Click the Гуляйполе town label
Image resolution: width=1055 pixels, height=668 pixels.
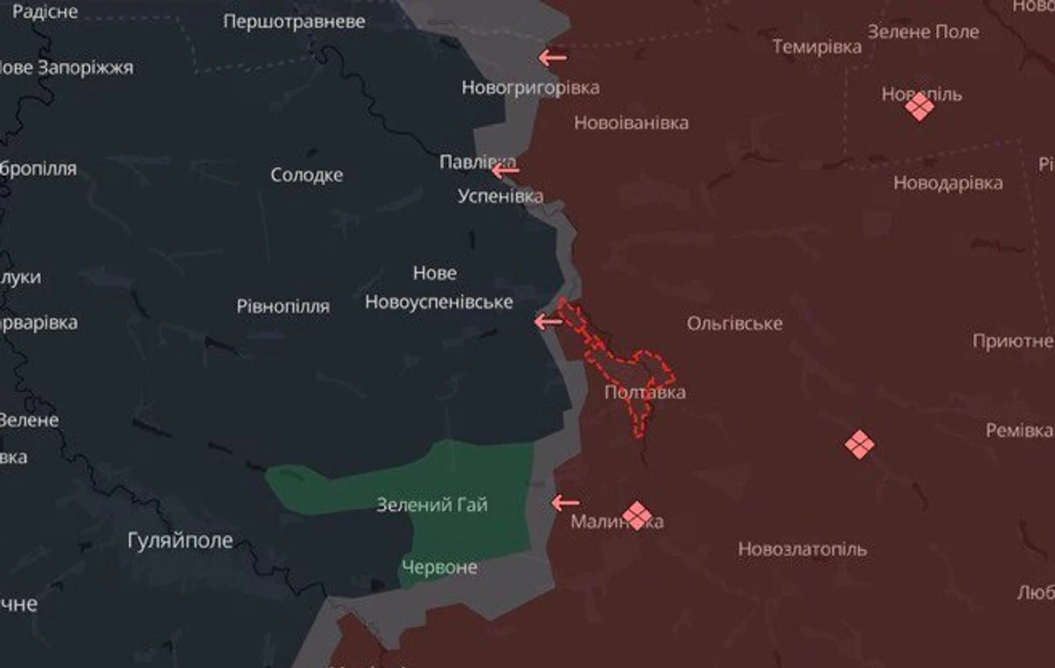pos(180,540)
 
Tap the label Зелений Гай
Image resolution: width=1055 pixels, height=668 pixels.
pos(432,505)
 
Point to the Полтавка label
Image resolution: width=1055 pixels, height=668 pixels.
pos(645,392)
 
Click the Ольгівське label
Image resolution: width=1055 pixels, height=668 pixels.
pos(735,323)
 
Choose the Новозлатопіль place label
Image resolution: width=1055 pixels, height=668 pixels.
pos(802,549)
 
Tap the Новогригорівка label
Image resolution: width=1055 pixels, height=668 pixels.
pos(531,88)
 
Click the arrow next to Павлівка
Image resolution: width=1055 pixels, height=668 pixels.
pos(506,170)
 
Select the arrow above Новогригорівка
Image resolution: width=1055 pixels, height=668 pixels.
pos(552,58)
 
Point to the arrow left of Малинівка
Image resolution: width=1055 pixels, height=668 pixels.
pos(565,503)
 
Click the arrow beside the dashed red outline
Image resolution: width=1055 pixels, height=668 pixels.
pos(549,322)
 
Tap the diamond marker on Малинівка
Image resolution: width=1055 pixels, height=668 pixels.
pos(637,515)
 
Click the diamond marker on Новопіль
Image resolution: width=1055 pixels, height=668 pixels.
pos(920,106)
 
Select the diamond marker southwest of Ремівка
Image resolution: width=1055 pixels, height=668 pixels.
pos(859,444)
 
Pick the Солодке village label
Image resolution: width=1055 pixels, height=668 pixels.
pos(307,175)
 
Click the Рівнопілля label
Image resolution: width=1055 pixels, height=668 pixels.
pos(283,307)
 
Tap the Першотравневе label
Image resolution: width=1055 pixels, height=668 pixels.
pos(295,21)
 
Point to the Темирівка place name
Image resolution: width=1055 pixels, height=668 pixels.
pos(817,47)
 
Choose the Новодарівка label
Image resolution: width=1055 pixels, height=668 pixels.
pos(948,184)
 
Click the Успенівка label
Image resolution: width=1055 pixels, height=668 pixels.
pos(500,196)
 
